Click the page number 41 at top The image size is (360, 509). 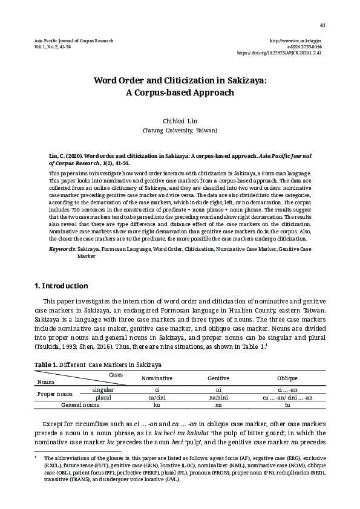322,25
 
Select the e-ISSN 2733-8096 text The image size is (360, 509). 305,46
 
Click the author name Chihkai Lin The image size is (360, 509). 180,120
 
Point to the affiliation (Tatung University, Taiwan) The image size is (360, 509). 180,130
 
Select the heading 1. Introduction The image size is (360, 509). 62,285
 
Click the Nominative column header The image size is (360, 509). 157,378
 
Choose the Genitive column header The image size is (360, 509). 218,378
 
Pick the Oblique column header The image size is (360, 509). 287,378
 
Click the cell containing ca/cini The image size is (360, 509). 157,397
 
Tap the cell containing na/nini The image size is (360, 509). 218,397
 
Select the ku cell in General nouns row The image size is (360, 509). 157,404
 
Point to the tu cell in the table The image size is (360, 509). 287,404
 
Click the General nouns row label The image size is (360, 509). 80,404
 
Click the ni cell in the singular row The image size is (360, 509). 218,390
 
